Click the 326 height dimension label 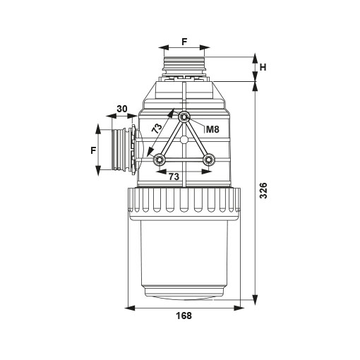click(263, 191)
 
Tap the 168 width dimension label click(184, 316)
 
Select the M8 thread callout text click(212, 129)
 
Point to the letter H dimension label click(263, 68)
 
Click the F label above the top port click(184, 42)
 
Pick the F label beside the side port click(93, 150)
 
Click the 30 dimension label click(122, 109)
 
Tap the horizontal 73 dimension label click(174, 176)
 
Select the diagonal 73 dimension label click(157, 128)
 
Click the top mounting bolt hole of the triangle click(184, 116)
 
